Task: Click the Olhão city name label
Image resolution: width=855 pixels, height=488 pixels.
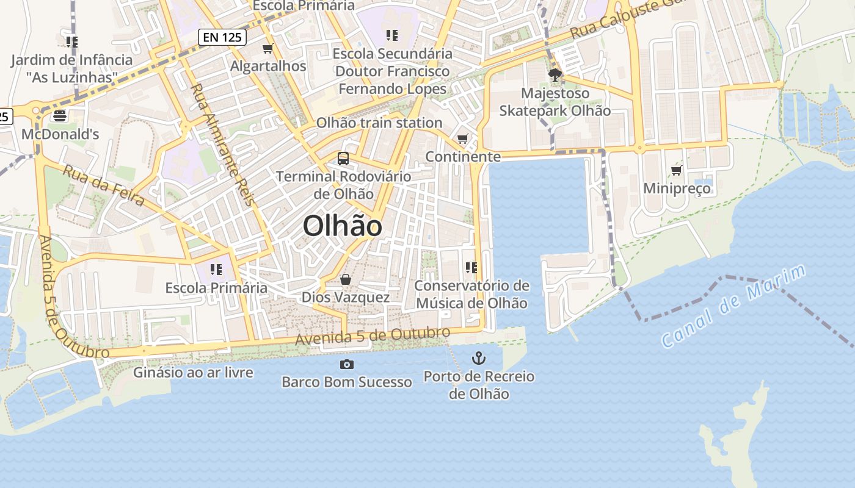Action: [343, 226]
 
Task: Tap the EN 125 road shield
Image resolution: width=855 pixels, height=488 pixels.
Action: [222, 37]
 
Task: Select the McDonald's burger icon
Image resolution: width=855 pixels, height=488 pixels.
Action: [60, 115]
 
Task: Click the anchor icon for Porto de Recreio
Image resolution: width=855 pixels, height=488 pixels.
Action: [479, 358]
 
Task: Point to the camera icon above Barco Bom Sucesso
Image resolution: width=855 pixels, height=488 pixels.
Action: [346, 364]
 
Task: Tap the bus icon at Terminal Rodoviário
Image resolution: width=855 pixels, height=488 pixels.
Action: [343, 159]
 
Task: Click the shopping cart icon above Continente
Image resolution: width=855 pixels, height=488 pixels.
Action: [463, 139]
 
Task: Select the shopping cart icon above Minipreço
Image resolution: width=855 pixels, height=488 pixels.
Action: [676, 170]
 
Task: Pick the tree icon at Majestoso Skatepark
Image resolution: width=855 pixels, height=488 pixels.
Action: [555, 75]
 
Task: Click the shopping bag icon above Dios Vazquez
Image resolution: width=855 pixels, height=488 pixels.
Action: [346, 279]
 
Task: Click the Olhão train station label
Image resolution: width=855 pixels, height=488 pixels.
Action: [379, 123]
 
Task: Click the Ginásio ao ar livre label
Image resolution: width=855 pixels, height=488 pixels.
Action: [193, 371]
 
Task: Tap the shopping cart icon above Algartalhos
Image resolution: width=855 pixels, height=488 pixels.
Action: [267, 48]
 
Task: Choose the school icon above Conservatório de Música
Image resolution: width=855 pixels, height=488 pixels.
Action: [471, 267]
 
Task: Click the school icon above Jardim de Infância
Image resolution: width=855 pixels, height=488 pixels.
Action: [72, 41]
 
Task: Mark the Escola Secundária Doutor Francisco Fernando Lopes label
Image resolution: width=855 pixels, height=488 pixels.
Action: [393, 71]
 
